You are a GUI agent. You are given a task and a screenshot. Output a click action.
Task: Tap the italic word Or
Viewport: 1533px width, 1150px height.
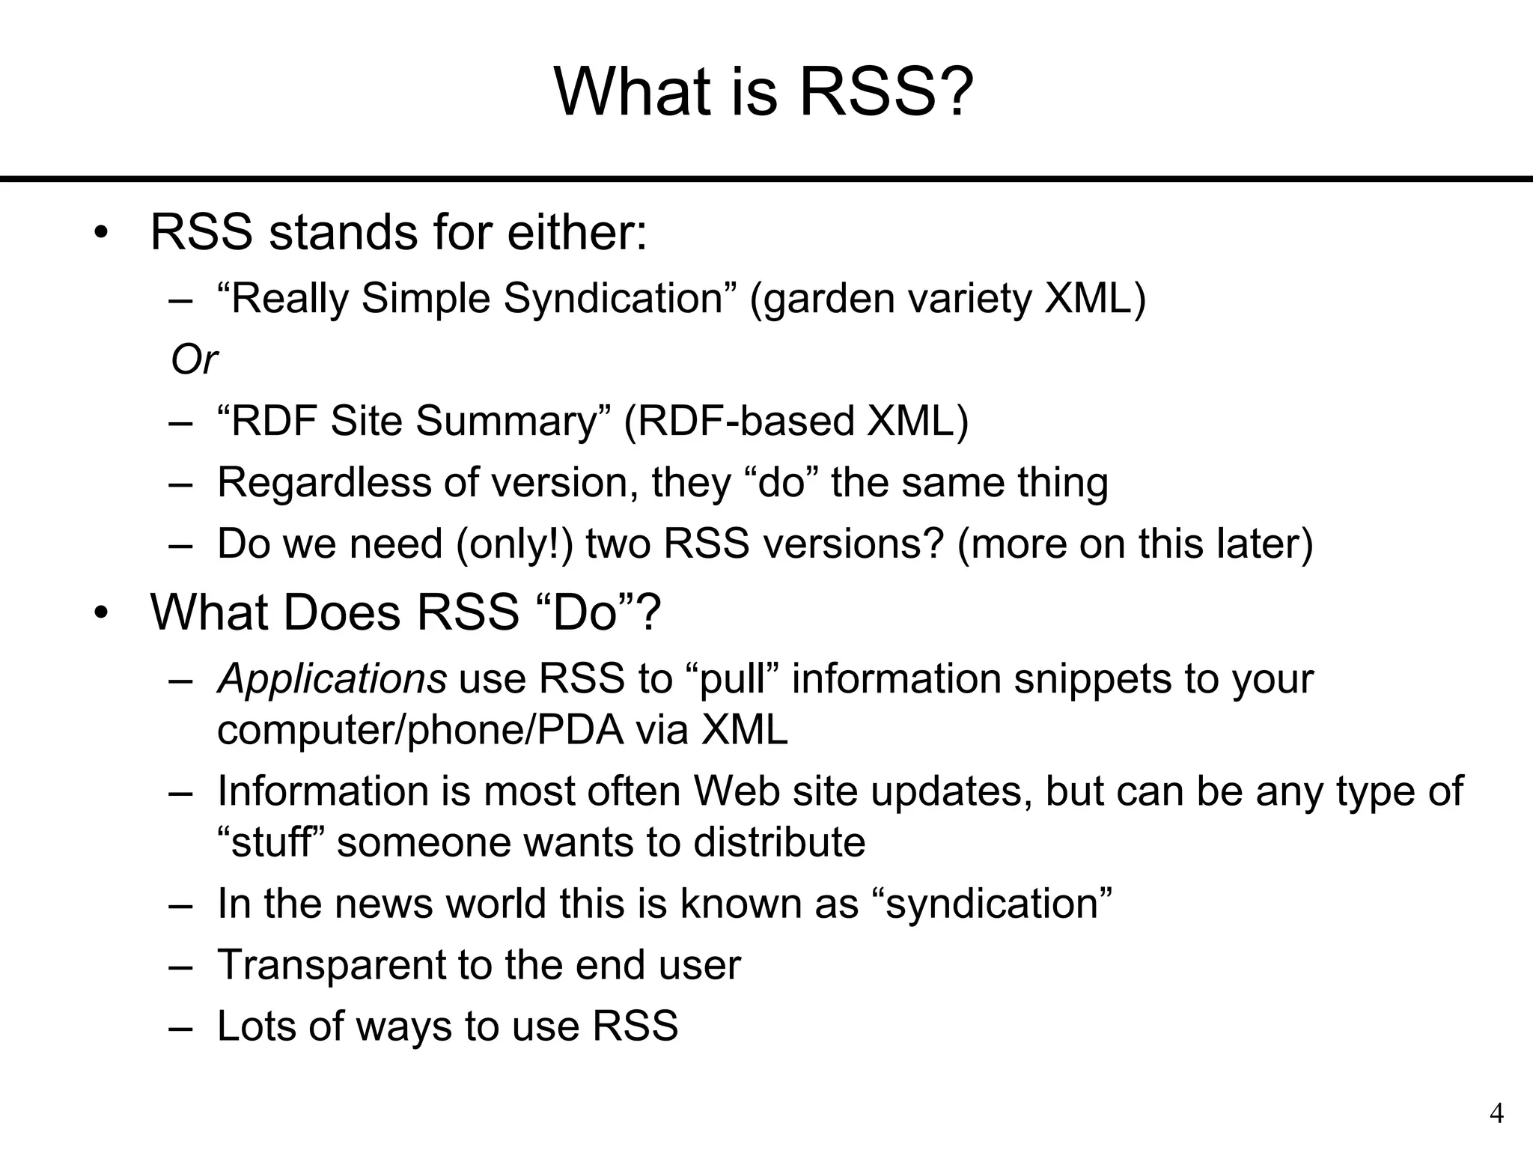click(x=194, y=359)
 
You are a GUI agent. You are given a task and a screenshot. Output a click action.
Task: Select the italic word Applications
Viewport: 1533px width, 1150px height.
click(x=332, y=679)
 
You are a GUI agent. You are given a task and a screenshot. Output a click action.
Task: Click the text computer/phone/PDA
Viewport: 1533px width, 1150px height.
click(x=420, y=730)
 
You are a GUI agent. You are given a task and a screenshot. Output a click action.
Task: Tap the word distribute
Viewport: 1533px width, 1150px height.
click(x=779, y=842)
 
